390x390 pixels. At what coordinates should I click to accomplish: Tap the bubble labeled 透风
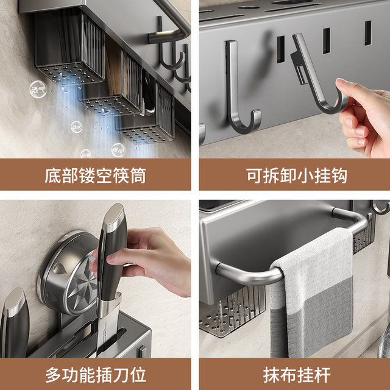[118, 149]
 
